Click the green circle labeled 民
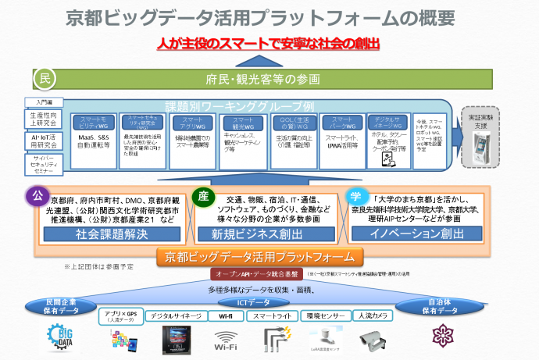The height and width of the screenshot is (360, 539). pos(45,78)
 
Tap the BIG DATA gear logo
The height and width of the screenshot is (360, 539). pos(62,338)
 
